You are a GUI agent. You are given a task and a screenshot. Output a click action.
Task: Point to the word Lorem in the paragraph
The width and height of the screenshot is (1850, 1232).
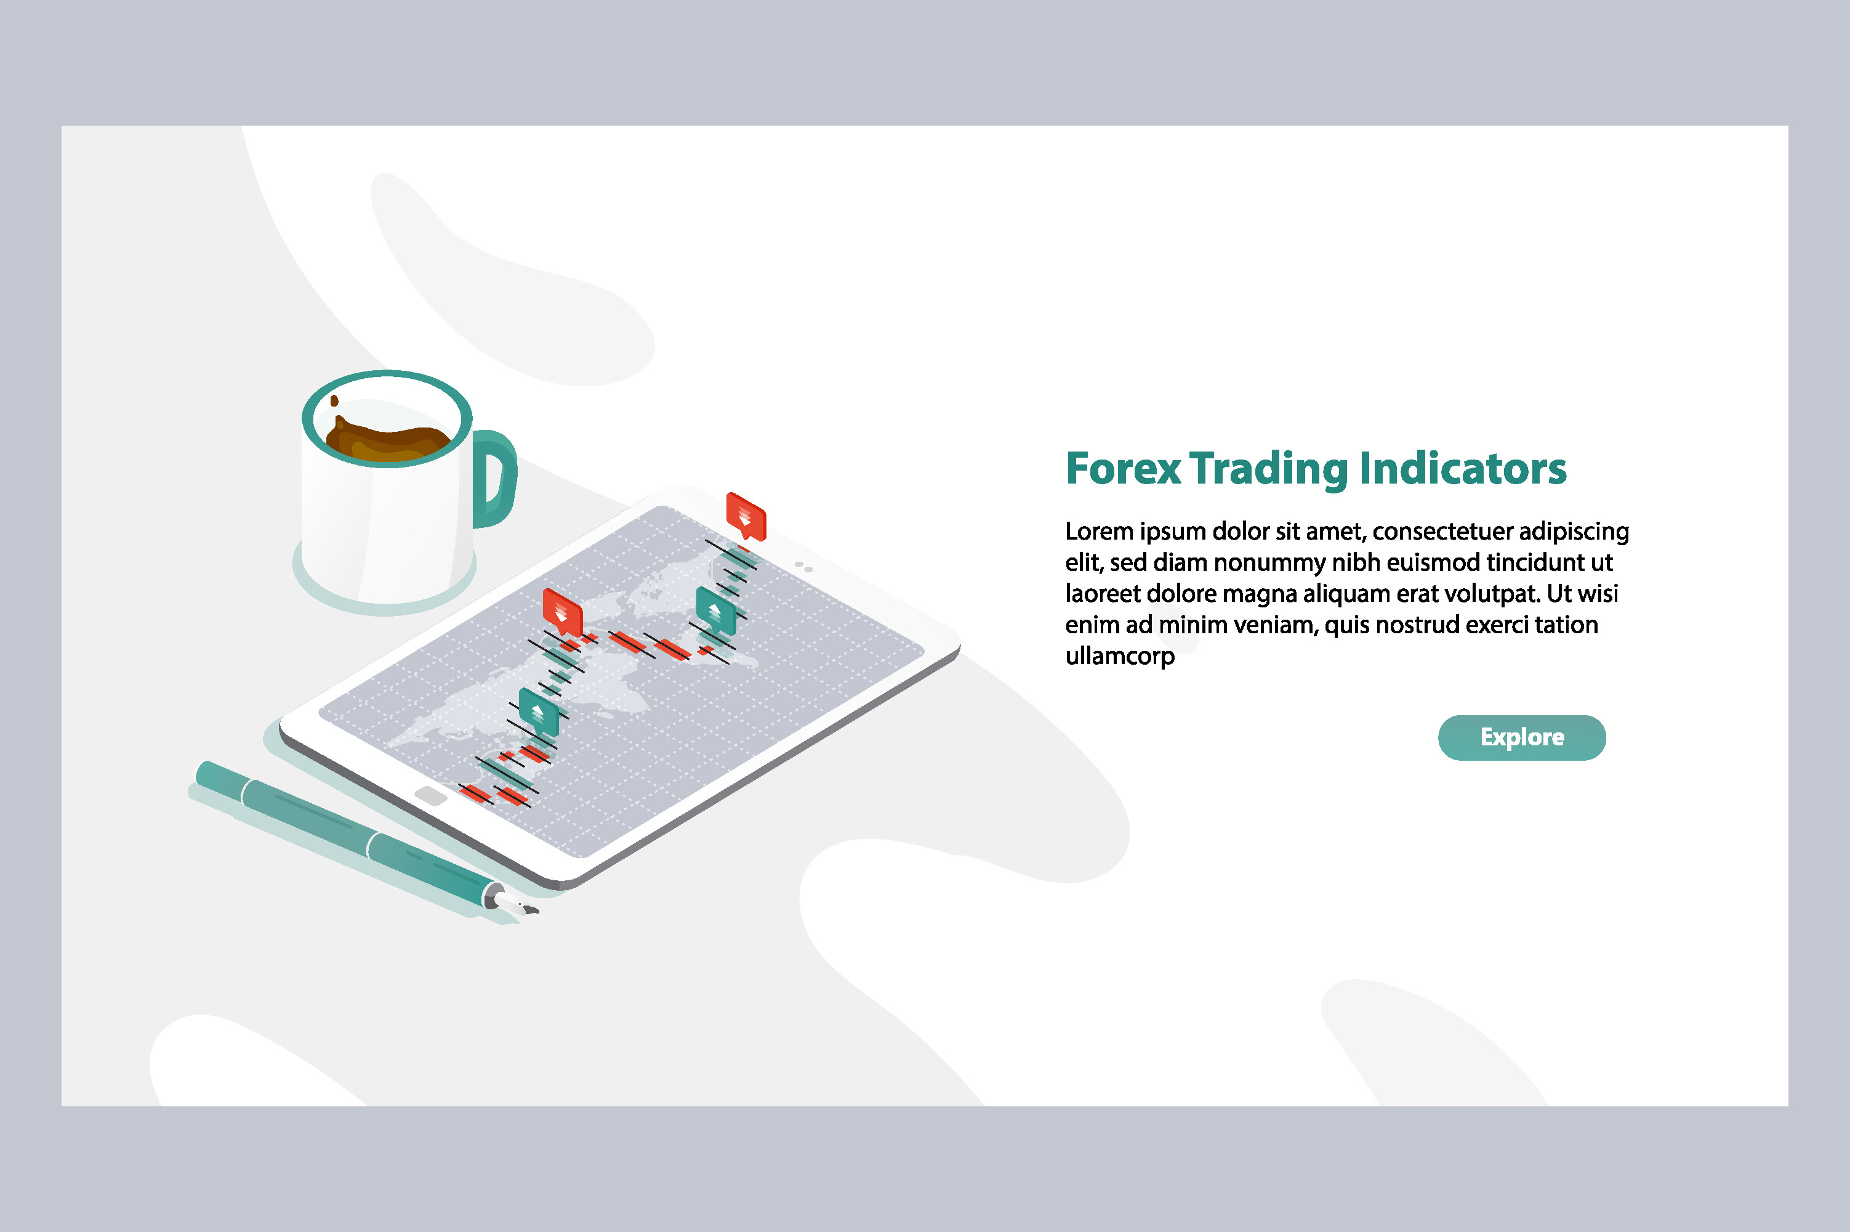click(1098, 532)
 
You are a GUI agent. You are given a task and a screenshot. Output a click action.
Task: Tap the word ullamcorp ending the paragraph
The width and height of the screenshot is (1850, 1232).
click(1119, 656)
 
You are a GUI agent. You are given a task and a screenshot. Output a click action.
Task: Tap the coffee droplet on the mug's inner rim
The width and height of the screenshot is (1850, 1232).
click(334, 401)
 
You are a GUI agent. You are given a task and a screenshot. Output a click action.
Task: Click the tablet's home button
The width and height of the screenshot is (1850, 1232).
click(430, 796)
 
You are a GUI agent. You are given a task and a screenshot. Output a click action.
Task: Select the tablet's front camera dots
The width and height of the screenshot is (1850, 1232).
click(803, 567)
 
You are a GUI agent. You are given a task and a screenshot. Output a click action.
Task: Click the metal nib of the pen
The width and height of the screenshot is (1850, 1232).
click(518, 905)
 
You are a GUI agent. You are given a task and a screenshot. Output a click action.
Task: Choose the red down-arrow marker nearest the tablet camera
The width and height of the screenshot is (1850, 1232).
click(745, 516)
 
